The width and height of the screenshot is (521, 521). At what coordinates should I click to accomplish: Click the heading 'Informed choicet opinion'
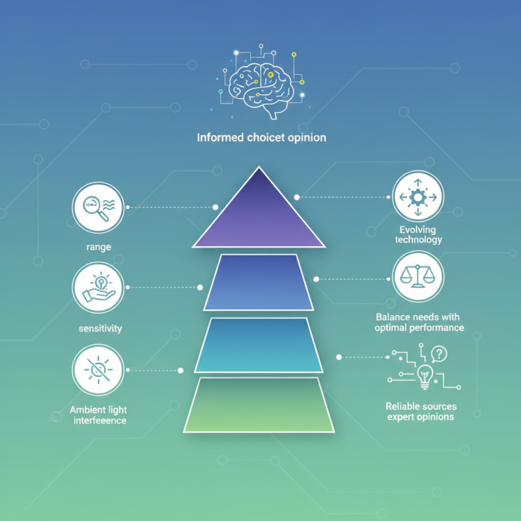262,137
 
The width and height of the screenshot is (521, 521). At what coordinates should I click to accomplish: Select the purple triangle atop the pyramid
259,213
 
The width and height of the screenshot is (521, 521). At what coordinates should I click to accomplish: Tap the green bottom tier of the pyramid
259,404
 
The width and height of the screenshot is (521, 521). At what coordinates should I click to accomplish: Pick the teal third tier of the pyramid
259,345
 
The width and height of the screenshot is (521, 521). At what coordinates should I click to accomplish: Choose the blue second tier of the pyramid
259,283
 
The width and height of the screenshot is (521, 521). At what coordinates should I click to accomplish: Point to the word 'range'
99,247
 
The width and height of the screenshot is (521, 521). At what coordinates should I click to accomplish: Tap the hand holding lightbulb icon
98,288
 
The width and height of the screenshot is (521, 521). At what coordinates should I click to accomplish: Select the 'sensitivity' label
100,329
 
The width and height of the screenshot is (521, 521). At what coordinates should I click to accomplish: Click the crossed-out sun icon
98,370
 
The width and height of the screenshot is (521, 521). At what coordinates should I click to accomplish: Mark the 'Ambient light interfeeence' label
99,415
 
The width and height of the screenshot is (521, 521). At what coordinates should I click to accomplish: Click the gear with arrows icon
418,197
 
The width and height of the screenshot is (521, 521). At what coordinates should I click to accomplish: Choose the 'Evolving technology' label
418,234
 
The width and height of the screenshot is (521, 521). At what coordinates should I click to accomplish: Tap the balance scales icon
418,276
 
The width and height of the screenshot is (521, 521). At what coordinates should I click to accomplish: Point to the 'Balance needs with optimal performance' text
419,322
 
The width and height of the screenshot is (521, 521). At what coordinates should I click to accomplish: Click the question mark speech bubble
439,354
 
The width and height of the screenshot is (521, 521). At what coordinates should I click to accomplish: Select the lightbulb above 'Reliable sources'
425,377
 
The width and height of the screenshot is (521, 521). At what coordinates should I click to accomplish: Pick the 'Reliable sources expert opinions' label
421,412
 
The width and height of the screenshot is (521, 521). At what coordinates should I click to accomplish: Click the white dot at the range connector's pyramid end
216,207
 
